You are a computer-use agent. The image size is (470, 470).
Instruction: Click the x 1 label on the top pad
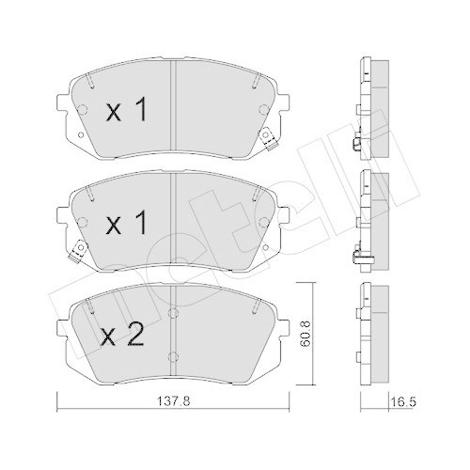(127, 113)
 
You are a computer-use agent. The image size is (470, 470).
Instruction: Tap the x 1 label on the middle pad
(127, 226)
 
